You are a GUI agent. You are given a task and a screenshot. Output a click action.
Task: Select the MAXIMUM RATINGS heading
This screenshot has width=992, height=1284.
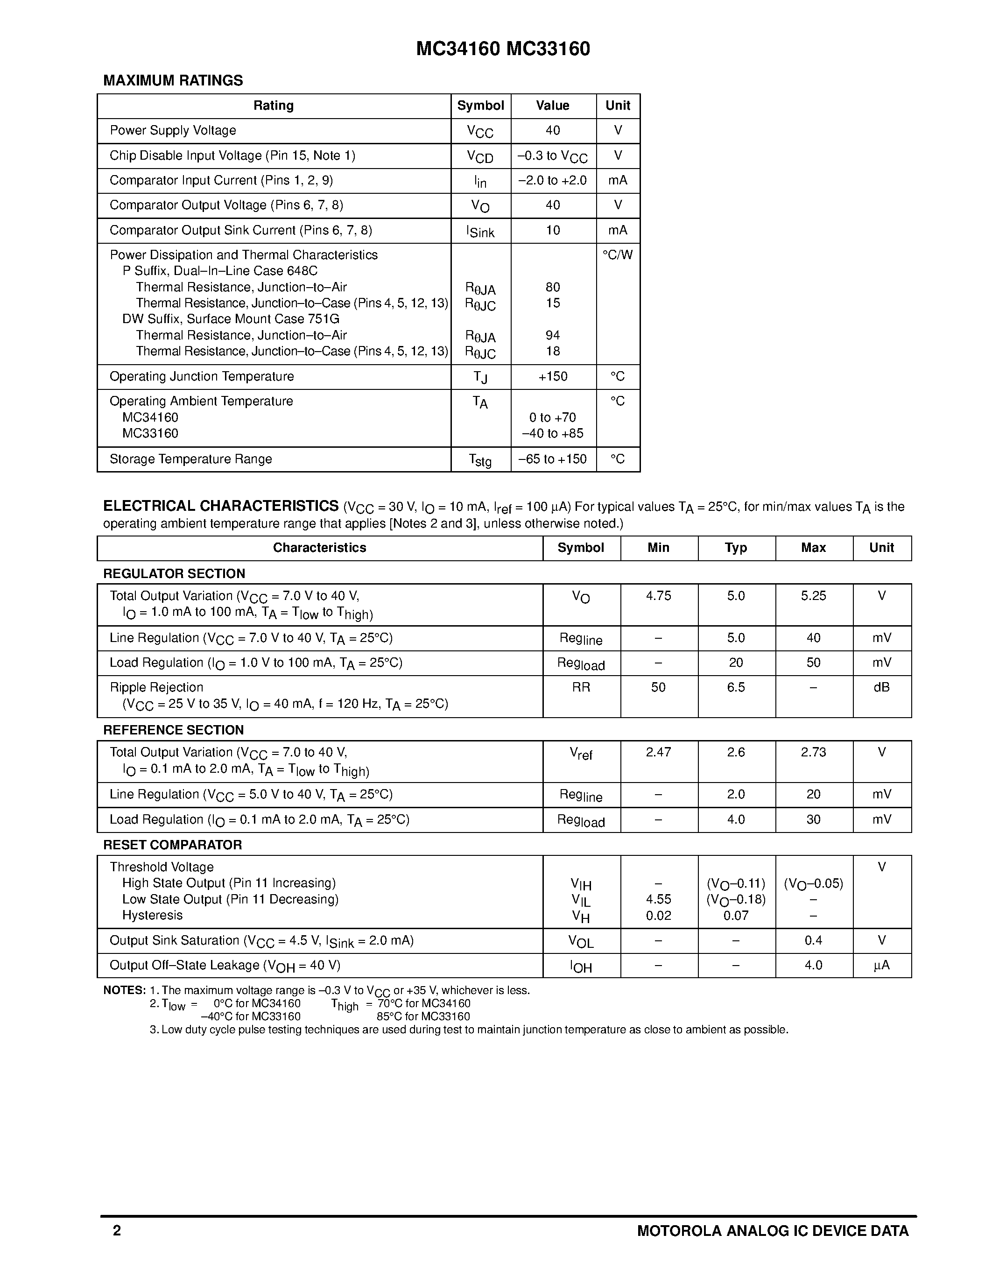tap(173, 81)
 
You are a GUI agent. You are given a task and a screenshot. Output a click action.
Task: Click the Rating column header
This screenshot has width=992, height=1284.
tap(273, 106)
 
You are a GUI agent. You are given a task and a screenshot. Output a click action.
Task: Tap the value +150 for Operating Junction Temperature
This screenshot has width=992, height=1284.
tap(552, 376)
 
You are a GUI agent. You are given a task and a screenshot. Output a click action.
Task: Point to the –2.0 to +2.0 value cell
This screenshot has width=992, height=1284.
tap(552, 181)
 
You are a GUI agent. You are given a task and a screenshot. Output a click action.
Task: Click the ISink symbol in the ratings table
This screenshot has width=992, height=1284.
tap(480, 231)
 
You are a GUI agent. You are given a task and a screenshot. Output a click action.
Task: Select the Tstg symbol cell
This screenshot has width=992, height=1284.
tap(480, 460)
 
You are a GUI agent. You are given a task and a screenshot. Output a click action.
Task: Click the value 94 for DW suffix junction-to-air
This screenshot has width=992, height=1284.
tap(552, 335)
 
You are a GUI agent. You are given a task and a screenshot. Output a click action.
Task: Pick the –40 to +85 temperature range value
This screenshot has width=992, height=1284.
tap(552, 433)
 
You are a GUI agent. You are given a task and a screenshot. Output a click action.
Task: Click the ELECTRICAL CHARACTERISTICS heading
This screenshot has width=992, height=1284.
tap(221, 506)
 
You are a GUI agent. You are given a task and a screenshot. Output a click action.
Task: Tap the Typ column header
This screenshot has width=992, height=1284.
tap(736, 548)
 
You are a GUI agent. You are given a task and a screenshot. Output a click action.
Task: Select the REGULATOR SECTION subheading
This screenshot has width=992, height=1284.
tap(174, 574)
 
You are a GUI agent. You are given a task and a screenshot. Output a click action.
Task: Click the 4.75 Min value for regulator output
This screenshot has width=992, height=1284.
tap(658, 596)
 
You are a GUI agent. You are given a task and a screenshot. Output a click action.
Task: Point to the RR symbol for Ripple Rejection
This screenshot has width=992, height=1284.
tap(581, 687)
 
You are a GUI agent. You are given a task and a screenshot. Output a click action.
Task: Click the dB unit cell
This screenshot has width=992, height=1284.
tap(881, 687)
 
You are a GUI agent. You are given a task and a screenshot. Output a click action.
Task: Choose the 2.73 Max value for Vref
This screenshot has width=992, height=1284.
tap(813, 753)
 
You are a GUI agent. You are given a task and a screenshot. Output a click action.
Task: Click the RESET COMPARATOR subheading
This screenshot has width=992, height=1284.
tap(172, 845)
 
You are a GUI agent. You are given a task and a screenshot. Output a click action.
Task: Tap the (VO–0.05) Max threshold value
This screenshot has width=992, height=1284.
tap(813, 884)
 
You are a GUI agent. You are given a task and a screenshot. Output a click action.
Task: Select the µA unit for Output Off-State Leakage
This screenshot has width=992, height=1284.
tap(881, 966)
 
